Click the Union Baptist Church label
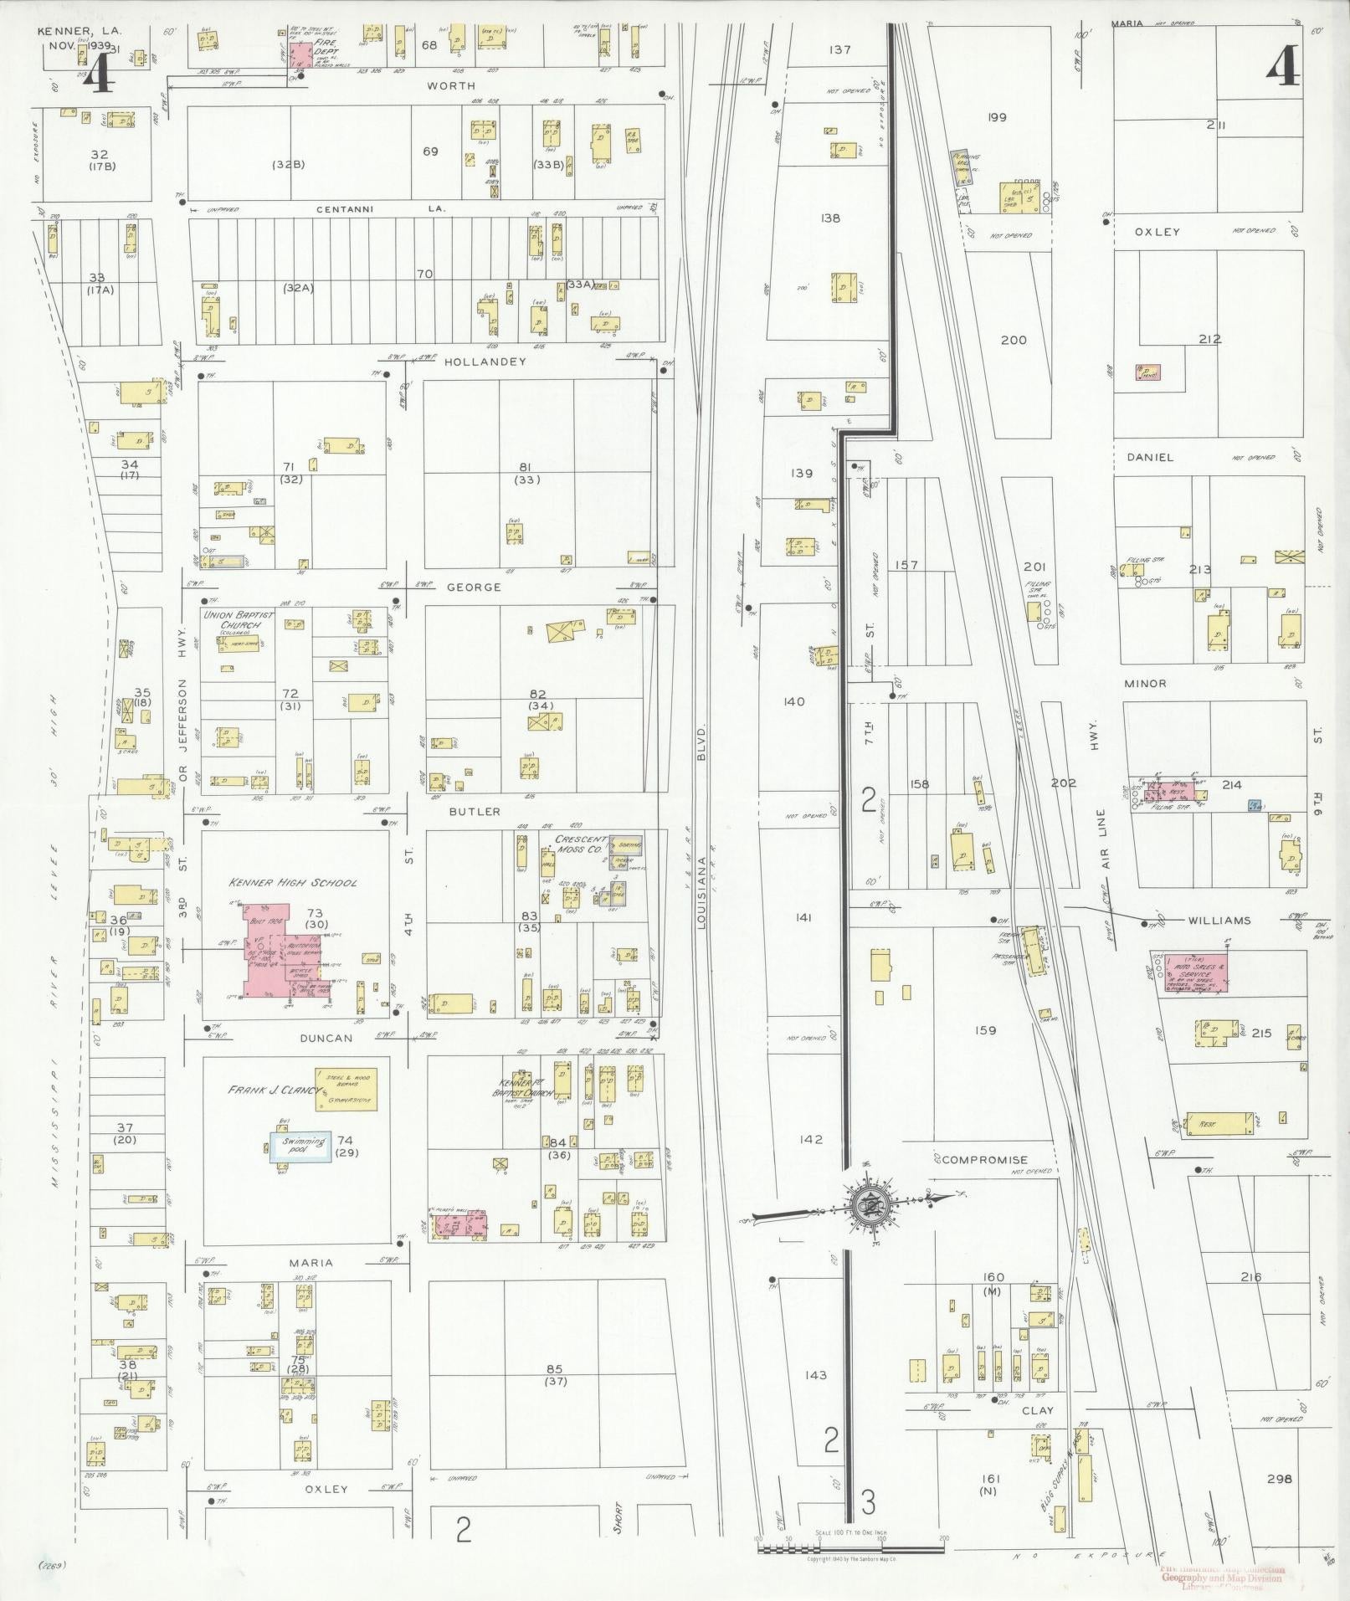(x=231, y=620)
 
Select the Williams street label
(x=1218, y=921)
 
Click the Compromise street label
(x=984, y=1160)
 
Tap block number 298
(x=1279, y=1479)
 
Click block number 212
(x=1209, y=339)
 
